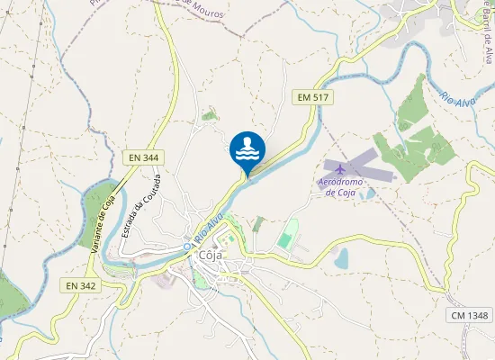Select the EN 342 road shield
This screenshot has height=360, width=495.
pos(80,285)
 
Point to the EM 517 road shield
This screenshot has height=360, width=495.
pos(308,95)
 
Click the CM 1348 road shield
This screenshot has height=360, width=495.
pos(469,314)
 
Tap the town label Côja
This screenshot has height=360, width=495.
pos(211,255)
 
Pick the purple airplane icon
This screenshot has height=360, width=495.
pos(339,170)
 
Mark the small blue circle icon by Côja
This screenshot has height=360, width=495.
pos(187,246)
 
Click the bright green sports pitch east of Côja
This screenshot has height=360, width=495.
pos(286,240)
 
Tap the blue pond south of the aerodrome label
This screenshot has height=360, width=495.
pos(341,259)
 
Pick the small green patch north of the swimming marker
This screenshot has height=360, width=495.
pos(210,114)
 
